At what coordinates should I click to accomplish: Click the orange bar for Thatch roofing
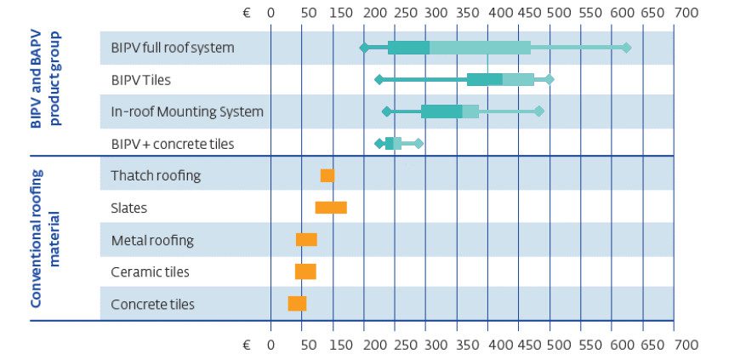coord(327,175)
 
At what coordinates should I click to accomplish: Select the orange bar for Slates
coord(330,208)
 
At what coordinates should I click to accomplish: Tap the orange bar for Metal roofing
coord(306,240)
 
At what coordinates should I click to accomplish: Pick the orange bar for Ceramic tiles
coord(305,271)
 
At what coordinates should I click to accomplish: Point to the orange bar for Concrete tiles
coord(297,304)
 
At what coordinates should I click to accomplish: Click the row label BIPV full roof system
coord(172,48)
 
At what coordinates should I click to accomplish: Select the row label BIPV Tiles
coord(142,80)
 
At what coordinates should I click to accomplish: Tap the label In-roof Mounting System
coord(187,111)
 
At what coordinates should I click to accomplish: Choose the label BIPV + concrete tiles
coord(172,144)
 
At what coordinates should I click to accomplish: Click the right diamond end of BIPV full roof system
coord(626,48)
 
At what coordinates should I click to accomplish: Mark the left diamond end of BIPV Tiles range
coord(379,80)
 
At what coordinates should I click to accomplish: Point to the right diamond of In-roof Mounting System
coord(538,111)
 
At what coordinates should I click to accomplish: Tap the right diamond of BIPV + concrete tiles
coord(418,144)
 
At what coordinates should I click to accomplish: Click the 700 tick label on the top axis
coord(686,13)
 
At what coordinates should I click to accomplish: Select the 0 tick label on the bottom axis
coord(270,345)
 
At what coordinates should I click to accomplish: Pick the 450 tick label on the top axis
coord(530,13)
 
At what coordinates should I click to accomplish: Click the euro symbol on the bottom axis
coord(246,345)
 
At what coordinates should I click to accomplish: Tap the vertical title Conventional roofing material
coord(46,238)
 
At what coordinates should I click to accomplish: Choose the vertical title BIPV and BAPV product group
coord(46,79)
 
